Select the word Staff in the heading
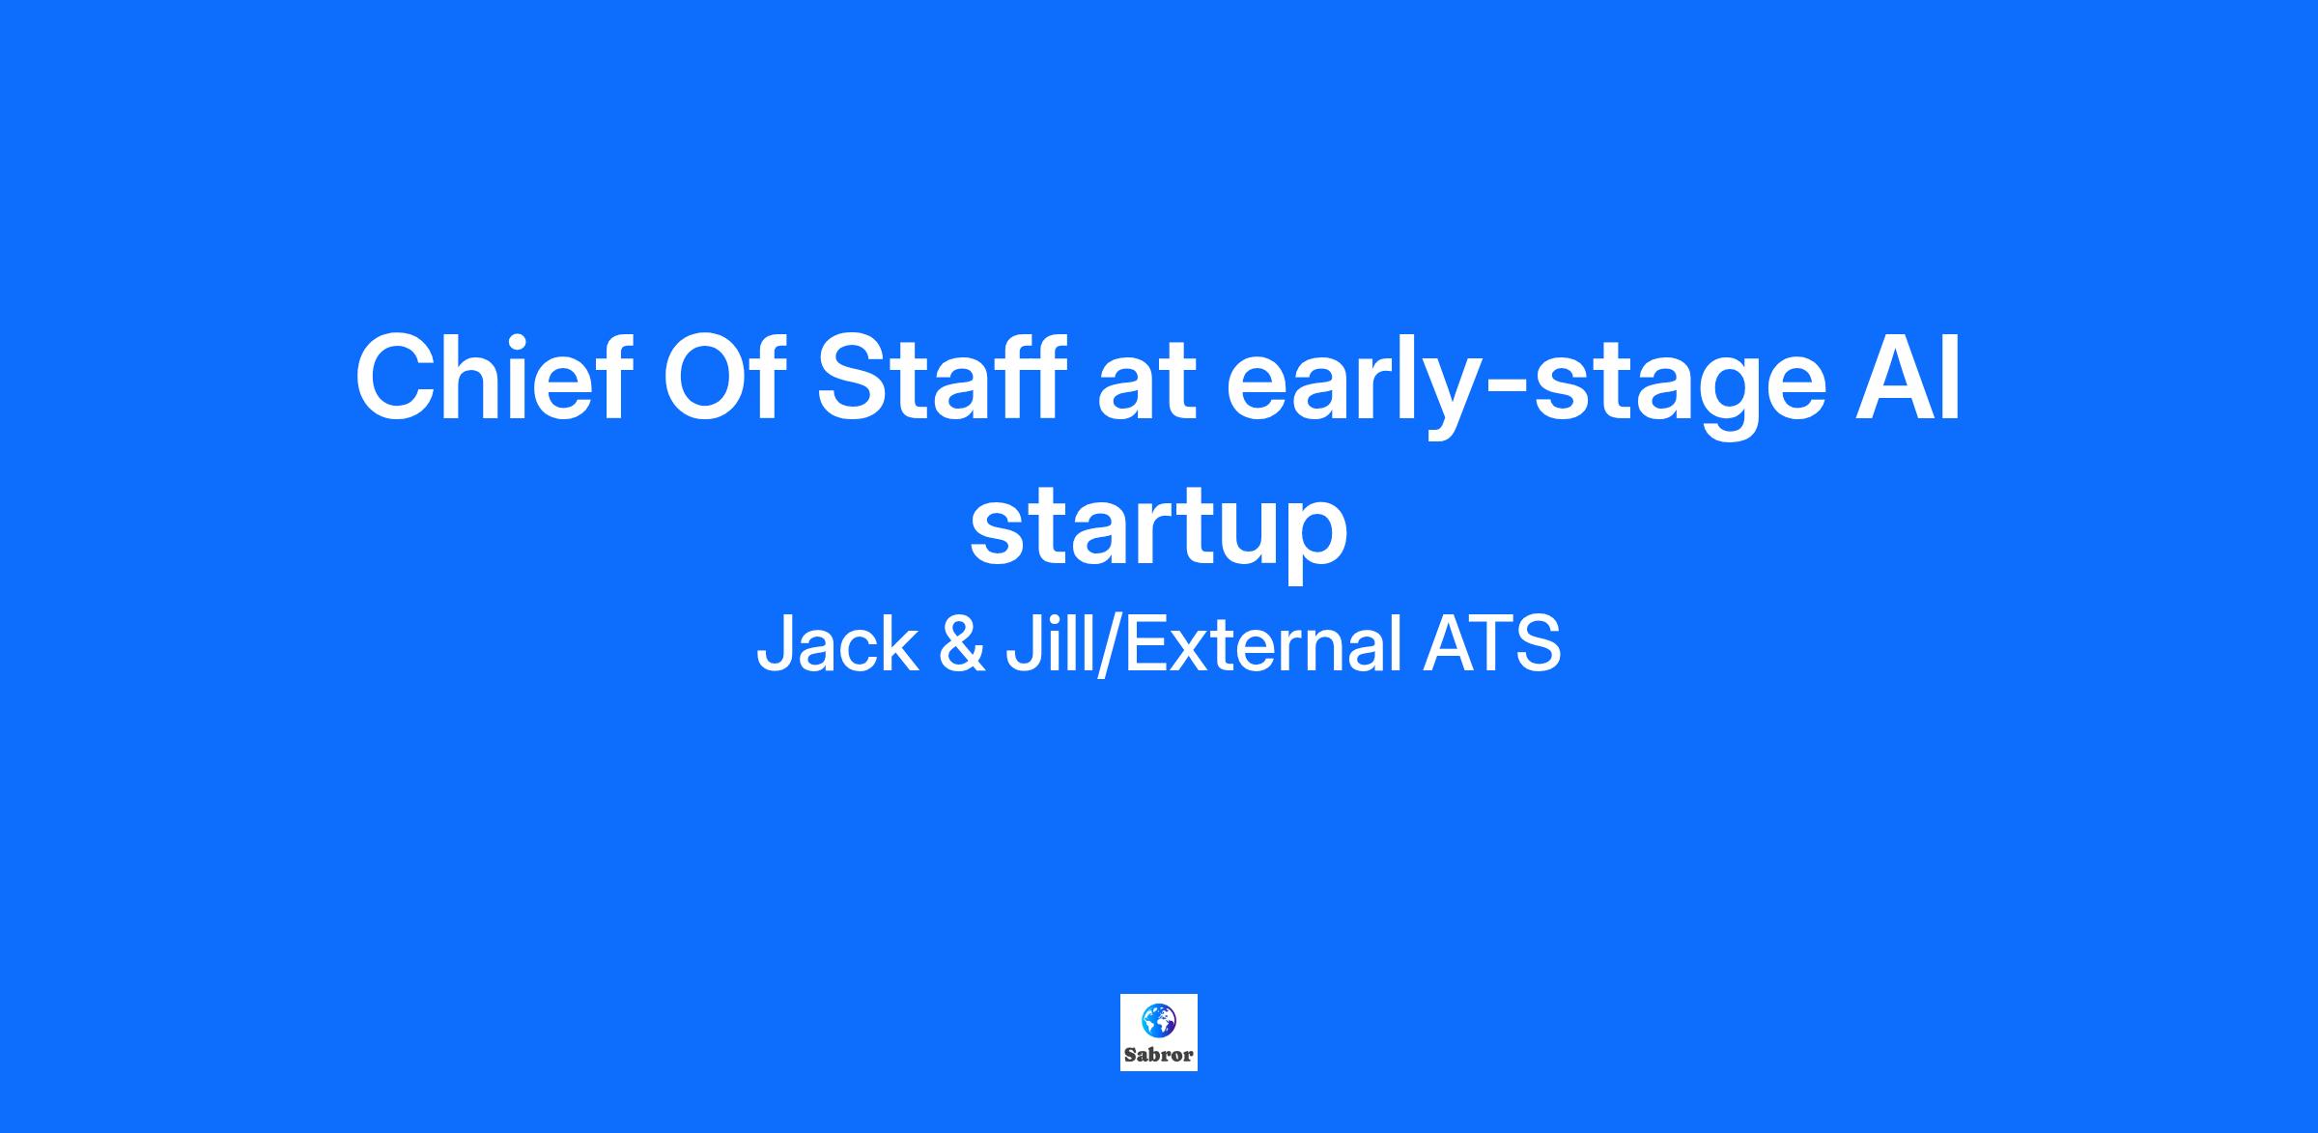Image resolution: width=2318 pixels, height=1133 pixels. tap(942, 378)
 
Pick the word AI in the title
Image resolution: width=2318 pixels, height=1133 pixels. tap(1909, 378)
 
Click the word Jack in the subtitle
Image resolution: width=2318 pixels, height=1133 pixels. tap(837, 644)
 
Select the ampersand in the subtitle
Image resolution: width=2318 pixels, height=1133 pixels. tap(962, 645)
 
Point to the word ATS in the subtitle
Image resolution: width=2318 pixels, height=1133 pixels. tap(1491, 644)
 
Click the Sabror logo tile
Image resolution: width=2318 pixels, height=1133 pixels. tap(1159, 1033)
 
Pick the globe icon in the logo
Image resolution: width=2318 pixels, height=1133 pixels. tap(1158, 1020)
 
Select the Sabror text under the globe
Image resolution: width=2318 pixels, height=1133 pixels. tap(1159, 1055)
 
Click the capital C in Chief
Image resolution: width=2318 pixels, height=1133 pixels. tap(397, 378)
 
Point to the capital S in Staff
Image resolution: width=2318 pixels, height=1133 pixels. tap(854, 378)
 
